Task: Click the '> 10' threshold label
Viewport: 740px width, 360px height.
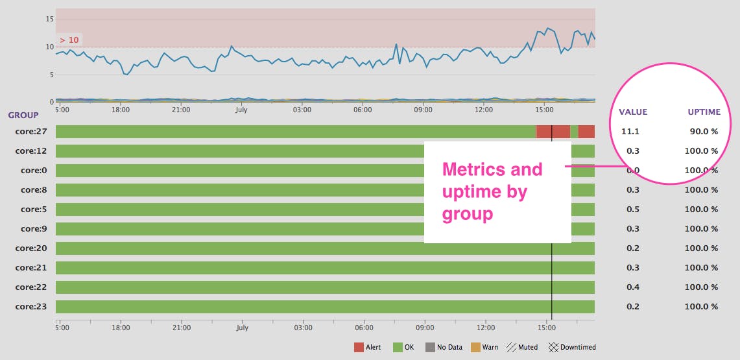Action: coord(69,40)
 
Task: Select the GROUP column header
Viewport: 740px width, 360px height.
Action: coord(23,115)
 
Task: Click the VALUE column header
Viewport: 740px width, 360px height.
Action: coord(633,112)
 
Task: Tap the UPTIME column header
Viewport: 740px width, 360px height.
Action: coord(704,112)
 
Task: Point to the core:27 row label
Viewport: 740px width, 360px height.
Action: coord(31,132)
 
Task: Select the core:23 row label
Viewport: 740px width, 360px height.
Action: coord(31,307)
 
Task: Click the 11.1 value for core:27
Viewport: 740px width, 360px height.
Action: coord(630,132)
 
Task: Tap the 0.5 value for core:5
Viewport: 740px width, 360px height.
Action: coord(633,210)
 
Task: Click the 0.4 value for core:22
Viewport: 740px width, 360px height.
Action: coord(633,287)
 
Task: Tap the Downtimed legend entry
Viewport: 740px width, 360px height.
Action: coord(572,347)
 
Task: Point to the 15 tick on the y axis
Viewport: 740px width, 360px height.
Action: coord(49,19)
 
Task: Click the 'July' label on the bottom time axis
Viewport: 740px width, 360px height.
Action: coord(243,328)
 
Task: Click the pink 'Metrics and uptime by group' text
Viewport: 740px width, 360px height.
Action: coord(492,191)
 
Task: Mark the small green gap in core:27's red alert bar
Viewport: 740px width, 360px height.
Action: coord(574,132)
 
